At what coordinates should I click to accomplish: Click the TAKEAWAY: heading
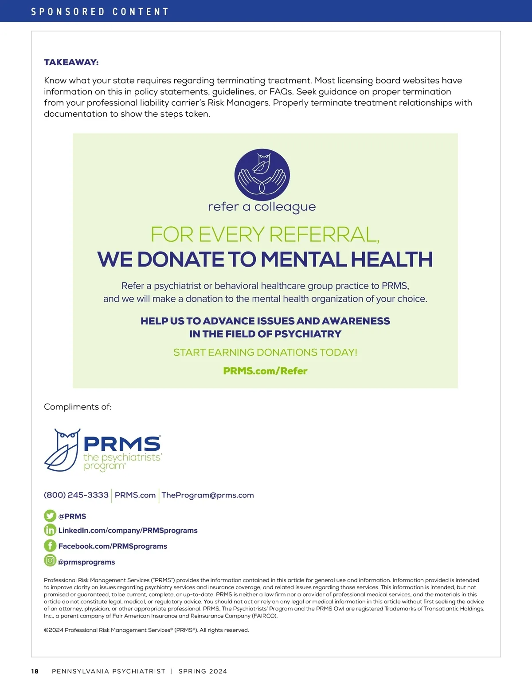71,63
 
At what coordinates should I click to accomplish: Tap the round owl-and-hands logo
262,175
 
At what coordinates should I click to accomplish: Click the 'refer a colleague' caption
262,207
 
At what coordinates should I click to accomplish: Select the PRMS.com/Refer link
265,371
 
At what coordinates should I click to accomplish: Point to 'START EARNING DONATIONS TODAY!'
265,352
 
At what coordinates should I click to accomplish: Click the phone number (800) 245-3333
76,495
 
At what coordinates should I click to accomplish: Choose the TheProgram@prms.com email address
207,495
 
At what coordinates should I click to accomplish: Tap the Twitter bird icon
50,516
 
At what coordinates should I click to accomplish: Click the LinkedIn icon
50,530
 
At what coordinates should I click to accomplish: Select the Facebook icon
50,546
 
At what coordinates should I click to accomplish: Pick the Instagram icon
50,561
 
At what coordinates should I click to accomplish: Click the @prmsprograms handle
86,562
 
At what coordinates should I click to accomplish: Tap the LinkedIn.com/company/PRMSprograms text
128,531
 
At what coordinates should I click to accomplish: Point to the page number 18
35,671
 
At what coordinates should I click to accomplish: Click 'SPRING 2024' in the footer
203,671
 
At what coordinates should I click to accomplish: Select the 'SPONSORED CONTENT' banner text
100,12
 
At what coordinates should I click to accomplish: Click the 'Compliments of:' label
78,407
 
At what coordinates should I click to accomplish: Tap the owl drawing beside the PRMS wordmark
63,450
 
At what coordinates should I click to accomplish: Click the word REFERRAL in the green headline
324,235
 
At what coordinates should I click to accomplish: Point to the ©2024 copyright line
146,630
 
